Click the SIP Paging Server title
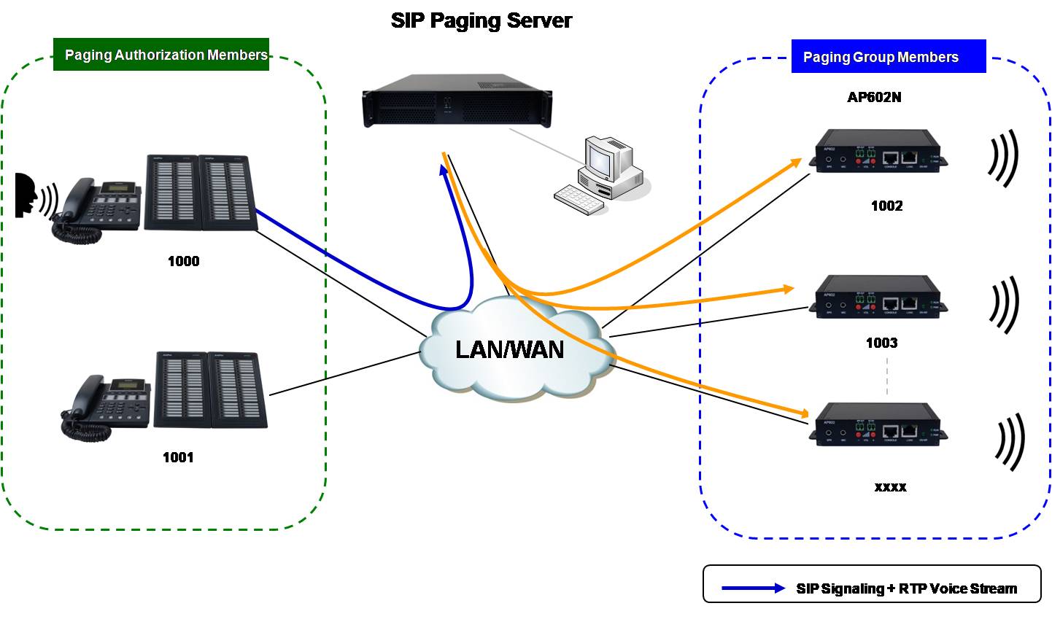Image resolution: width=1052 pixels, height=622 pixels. (481, 20)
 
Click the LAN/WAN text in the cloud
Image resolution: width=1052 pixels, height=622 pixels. (509, 349)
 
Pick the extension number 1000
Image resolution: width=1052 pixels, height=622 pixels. (183, 261)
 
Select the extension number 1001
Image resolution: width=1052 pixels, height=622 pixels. (178, 457)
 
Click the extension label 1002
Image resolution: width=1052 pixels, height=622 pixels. (886, 206)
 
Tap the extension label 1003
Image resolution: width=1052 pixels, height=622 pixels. (881, 343)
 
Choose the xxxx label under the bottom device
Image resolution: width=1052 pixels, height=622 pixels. (890, 486)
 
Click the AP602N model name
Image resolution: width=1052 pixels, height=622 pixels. (874, 97)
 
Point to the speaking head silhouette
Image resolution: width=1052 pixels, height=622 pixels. (27, 195)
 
